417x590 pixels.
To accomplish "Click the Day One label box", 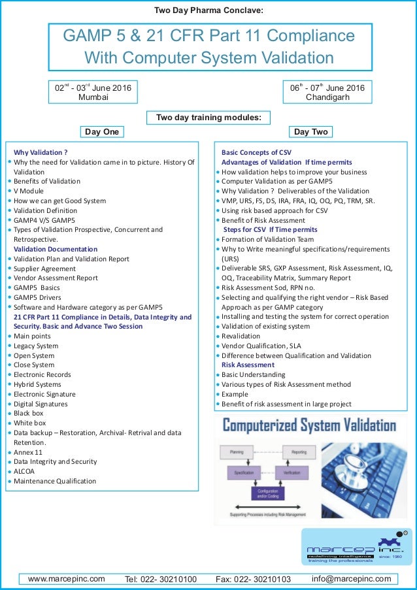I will pyautogui.click(x=102, y=132).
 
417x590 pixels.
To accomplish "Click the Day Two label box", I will pyautogui.click(x=310, y=132).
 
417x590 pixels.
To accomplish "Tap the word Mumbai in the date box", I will pyautogui.click(x=94, y=97).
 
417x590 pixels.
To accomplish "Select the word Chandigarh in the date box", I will pyautogui.click(x=327, y=97).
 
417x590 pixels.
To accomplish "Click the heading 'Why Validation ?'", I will pyautogui.click(x=41, y=152).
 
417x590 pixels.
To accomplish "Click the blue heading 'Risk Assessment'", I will pyautogui.click(x=248, y=365).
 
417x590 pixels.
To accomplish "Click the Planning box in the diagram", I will pyautogui.click(x=237, y=451).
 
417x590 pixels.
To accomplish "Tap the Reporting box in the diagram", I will pyautogui.click(x=299, y=451).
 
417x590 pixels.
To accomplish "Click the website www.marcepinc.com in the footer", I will pyautogui.click(x=66, y=578).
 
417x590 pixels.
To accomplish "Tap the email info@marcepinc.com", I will pyautogui.click(x=351, y=578).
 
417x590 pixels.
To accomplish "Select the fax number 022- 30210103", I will pyautogui.click(x=253, y=579).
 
